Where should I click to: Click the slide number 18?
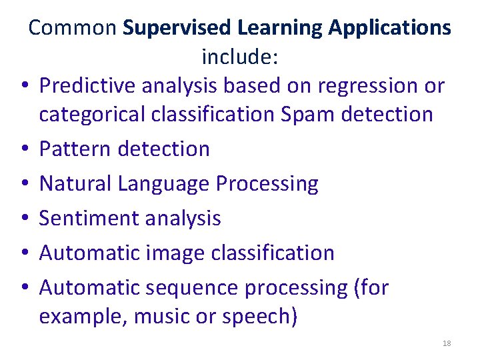[x=447, y=343]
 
